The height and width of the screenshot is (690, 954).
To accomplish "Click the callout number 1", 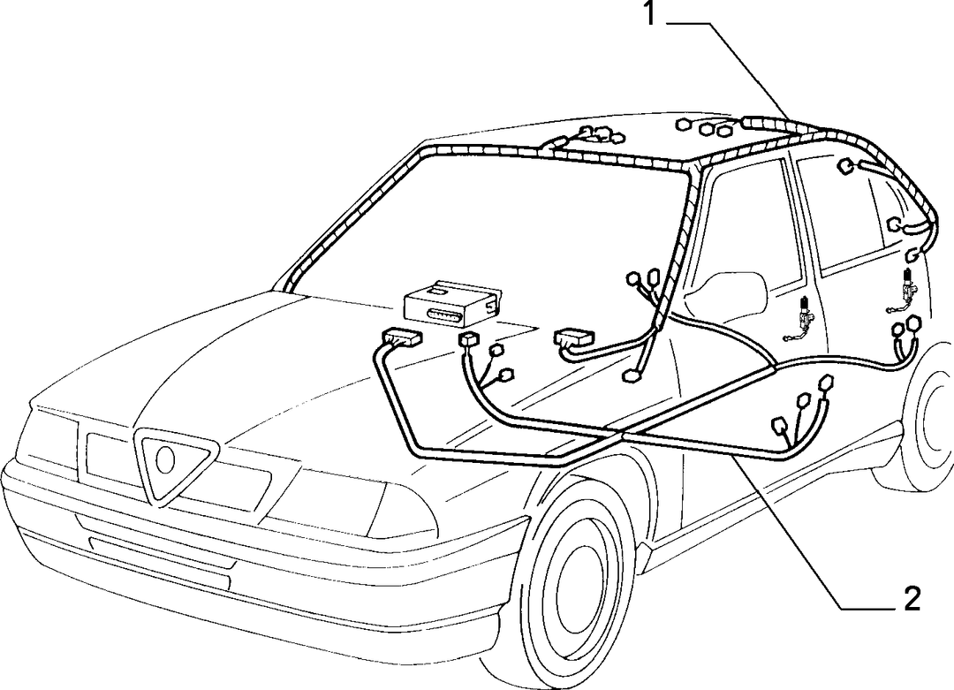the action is pyautogui.click(x=649, y=14).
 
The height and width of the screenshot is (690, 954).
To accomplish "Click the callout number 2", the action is pyautogui.click(x=912, y=599).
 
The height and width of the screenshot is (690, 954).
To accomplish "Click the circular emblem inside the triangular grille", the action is pyautogui.click(x=165, y=460).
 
